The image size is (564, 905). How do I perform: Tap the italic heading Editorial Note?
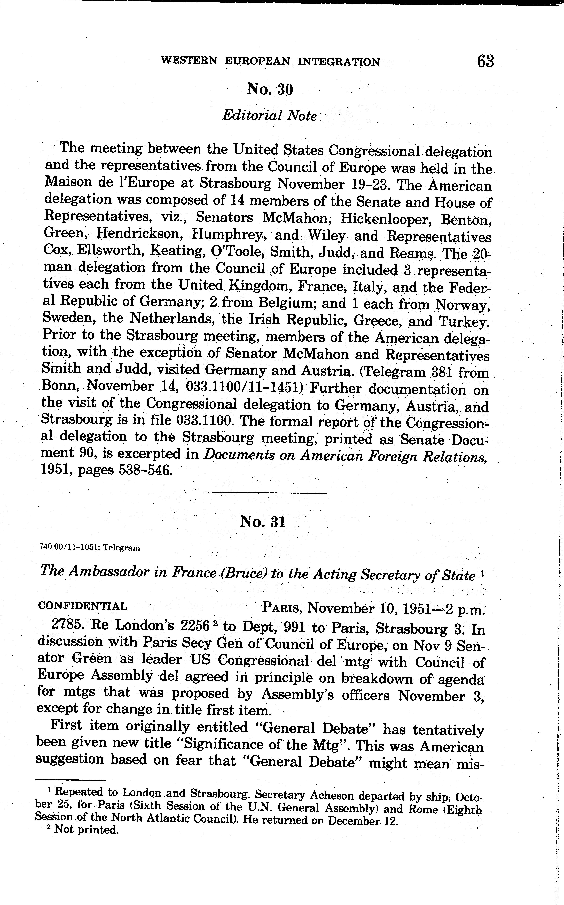point(269,116)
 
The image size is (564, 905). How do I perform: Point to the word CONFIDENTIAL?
point(83,606)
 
